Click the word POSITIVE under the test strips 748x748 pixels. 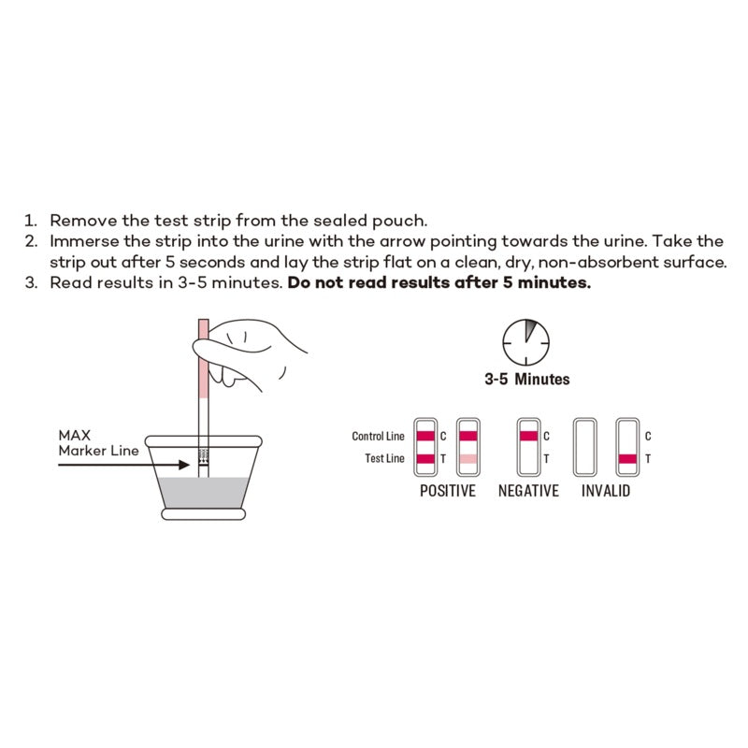(447, 491)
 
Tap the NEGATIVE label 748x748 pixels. (528, 491)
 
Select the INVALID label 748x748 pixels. (605, 491)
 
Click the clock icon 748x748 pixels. (526, 343)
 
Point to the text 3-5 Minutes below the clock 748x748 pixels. (526, 380)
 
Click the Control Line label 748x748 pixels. (378, 437)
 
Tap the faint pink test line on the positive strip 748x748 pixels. (467, 458)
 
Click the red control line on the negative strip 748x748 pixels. (528, 436)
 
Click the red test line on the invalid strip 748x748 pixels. (628, 458)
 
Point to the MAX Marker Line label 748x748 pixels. (98, 442)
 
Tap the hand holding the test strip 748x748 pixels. (252, 355)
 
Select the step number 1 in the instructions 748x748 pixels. (29, 222)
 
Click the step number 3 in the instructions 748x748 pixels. (29, 282)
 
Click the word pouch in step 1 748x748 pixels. (401, 222)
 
